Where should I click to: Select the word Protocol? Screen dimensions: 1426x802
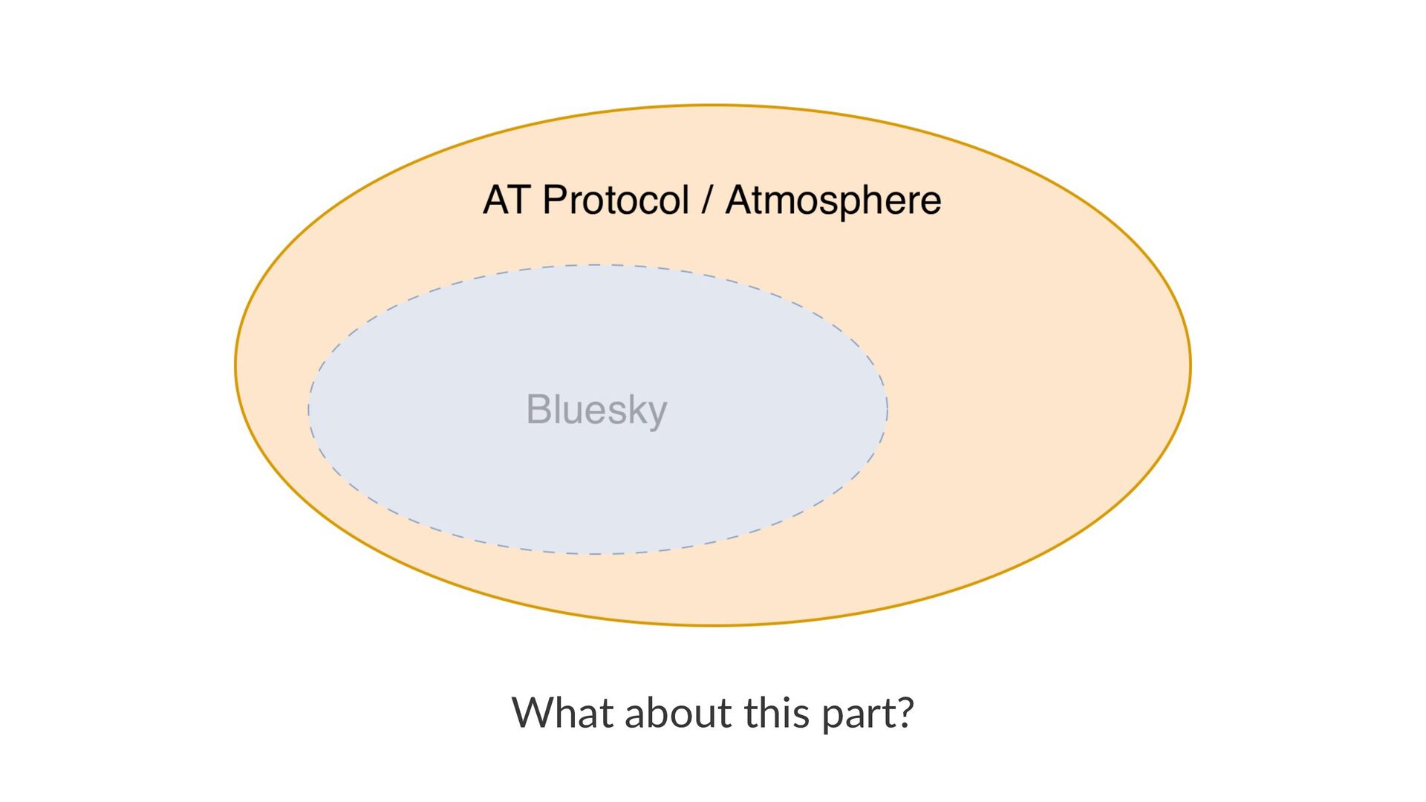pyautogui.click(x=616, y=200)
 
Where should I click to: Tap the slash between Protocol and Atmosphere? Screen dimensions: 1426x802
pyautogui.click(x=707, y=200)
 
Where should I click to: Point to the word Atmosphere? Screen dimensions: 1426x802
pyautogui.click(x=833, y=200)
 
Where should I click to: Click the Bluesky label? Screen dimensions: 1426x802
pyautogui.click(x=596, y=409)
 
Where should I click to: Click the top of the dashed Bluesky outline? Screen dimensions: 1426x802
pyautogui.click(x=598, y=265)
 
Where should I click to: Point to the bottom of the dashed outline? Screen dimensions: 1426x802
pyautogui.click(x=598, y=554)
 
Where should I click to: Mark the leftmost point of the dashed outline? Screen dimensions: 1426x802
pyautogui.click(x=309, y=409)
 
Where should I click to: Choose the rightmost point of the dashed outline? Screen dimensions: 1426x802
pyautogui.click(x=888, y=409)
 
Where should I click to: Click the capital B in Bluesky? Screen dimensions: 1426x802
pyautogui.click(x=538, y=409)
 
